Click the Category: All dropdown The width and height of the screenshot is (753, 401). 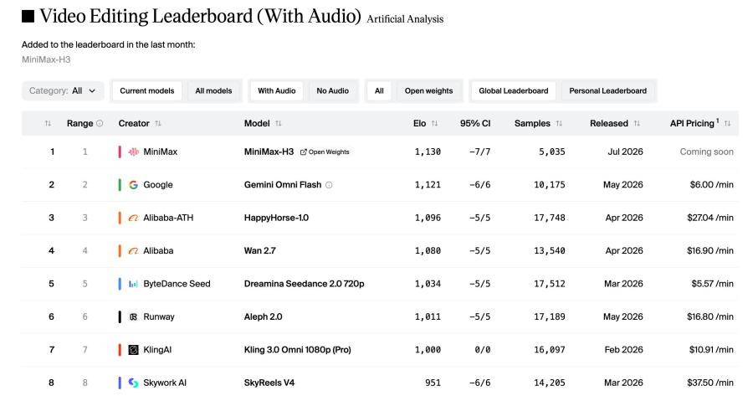point(63,90)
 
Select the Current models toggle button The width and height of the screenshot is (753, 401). point(147,90)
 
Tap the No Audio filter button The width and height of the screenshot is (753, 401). point(332,90)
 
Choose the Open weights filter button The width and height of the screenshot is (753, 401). point(428,90)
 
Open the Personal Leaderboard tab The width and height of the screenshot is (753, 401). point(607,90)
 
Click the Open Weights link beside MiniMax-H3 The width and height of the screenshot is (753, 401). point(325,152)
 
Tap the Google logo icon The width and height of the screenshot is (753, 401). point(134,185)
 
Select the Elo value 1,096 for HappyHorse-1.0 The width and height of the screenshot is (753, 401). point(428,218)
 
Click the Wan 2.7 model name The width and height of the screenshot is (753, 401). point(260,250)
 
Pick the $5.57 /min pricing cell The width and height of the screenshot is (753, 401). point(712,284)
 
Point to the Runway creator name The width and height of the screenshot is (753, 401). point(159,317)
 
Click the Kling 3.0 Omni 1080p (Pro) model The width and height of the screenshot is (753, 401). point(297,350)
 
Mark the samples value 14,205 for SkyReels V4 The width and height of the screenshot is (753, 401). point(550,383)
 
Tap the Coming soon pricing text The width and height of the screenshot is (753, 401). point(706,152)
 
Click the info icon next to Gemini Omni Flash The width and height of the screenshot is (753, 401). point(329,185)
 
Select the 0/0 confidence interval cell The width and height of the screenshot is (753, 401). point(482,350)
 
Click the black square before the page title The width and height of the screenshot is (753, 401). point(28,17)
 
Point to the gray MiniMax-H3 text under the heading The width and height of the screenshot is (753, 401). point(46,59)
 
